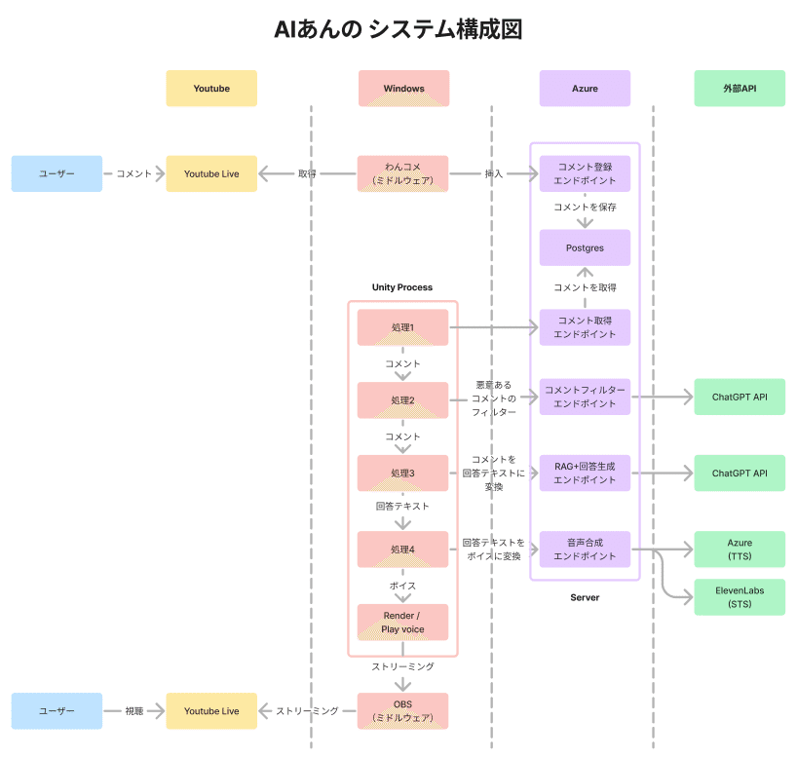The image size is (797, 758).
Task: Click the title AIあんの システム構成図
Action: click(398, 29)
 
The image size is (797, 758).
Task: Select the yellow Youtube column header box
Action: click(211, 89)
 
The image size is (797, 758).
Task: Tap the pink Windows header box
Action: click(403, 89)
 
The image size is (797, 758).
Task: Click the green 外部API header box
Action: click(740, 89)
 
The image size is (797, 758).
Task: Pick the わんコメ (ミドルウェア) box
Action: click(403, 173)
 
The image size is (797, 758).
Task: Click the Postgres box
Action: click(585, 247)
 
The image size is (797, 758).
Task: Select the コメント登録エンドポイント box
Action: click(585, 173)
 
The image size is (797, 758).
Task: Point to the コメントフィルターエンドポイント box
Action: click(585, 397)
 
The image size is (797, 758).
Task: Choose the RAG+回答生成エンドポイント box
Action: click(585, 473)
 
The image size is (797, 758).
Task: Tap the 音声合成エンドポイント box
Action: click(585, 549)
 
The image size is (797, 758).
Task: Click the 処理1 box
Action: click(403, 327)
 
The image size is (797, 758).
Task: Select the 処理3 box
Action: click(403, 473)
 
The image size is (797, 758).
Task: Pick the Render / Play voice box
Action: click(403, 622)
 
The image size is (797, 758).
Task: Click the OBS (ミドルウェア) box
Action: click(403, 711)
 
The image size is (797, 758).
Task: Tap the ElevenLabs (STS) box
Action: click(740, 596)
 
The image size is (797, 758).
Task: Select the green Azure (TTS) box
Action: click(740, 550)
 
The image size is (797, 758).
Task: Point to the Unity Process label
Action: click(402, 287)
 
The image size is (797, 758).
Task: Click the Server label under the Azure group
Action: click(585, 597)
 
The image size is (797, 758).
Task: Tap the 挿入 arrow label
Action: click(494, 173)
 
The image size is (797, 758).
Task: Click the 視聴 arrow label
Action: click(134, 711)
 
